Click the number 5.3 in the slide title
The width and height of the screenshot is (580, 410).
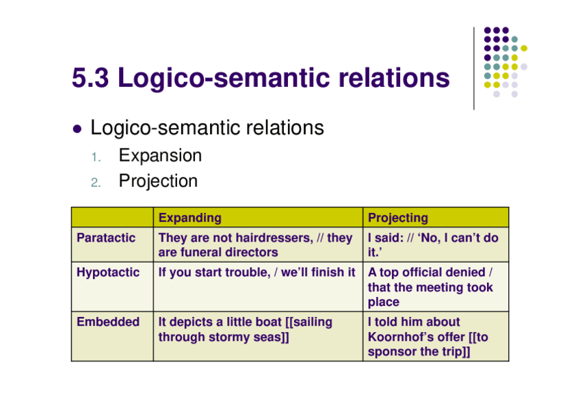[91, 78]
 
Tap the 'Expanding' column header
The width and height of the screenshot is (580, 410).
[189, 218]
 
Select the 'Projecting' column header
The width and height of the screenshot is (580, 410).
[397, 218]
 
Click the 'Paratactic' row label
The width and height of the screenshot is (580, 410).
[106, 238]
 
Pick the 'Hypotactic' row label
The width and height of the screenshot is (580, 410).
[108, 272]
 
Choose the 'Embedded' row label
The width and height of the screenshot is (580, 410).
[108, 322]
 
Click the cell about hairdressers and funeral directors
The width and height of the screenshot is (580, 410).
[255, 245]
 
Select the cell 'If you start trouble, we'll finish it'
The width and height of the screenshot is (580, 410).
[256, 272]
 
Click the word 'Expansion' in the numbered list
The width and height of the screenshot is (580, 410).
[160, 155]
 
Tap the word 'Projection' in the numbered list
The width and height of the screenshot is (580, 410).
[158, 181]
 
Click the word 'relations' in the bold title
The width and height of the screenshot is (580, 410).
[387, 78]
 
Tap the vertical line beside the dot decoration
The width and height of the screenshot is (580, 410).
[473, 68]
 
